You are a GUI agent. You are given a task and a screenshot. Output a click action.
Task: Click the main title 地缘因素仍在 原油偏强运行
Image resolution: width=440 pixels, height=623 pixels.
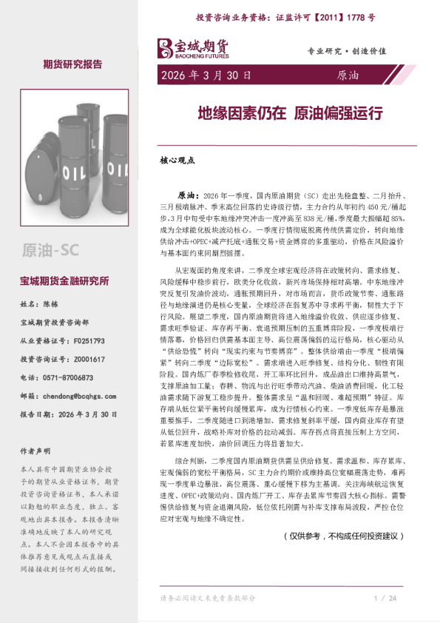tap(289, 113)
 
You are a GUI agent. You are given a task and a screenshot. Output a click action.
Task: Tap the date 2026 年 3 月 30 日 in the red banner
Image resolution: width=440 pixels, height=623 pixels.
tap(205, 75)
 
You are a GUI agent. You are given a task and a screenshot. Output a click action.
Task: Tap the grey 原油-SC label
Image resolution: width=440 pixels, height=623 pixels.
tap(51, 248)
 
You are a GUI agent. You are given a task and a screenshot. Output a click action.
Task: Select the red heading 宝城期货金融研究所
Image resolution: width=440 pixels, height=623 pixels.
tap(64, 281)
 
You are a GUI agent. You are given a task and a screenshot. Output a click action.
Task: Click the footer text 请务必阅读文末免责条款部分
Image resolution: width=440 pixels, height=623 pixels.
tap(208, 598)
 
